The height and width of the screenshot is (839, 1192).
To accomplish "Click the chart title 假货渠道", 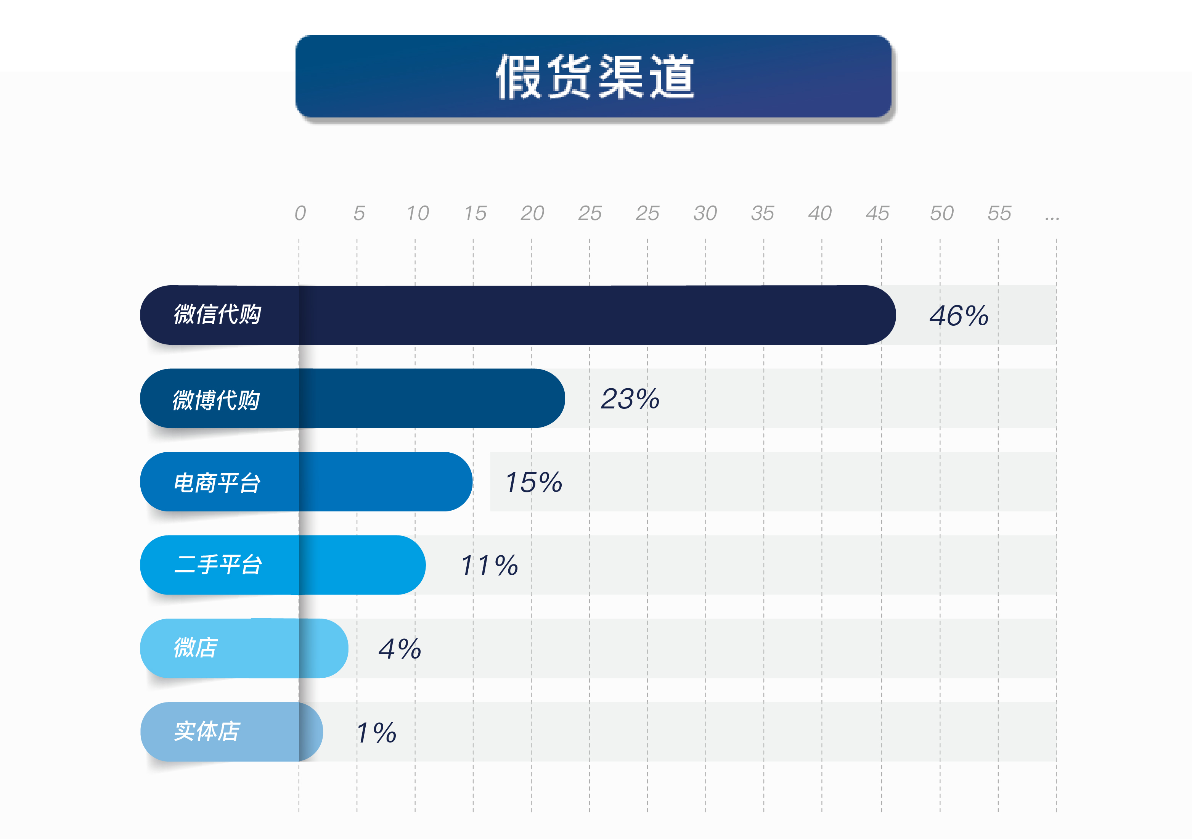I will pyautogui.click(x=595, y=77).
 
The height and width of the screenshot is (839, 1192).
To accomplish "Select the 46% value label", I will pyautogui.click(x=959, y=316).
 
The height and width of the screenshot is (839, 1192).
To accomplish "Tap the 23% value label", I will pyautogui.click(x=630, y=399).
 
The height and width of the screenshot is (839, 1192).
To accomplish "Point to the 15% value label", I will pyautogui.click(x=534, y=482).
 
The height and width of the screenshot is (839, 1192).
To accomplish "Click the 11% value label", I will pyautogui.click(x=489, y=566).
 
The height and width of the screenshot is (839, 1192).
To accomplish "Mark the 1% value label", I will pyautogui.click(x=376, y=733).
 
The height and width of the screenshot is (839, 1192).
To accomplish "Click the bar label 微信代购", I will pyautogui.click(x=217, y=315).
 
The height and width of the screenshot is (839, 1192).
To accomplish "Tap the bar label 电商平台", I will pyautogui.click(x=217, y=483).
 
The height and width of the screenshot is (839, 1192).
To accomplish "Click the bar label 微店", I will pyautogui.click(x=196, y=648).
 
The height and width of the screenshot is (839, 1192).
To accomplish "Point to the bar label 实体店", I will pyautogui.click(x=207, y=731).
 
